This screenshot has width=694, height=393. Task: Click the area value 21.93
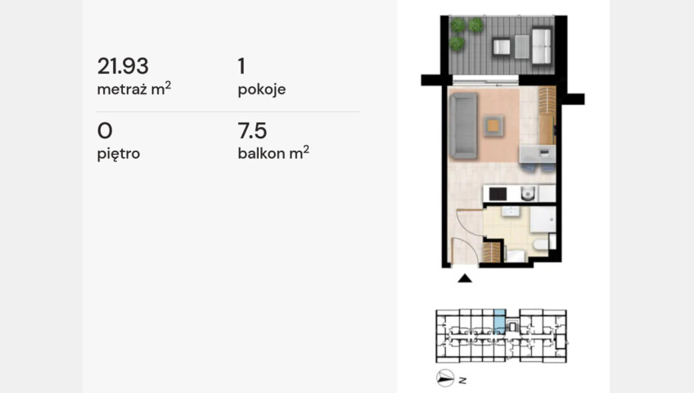click(x=123, y=66)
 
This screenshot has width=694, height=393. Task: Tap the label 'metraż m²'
click(x=133, y=88)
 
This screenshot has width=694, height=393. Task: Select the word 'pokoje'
click(x=262, y=90)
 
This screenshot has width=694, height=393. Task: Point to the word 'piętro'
click(x=118, y=154)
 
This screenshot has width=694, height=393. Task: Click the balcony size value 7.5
click(x=252, y=130)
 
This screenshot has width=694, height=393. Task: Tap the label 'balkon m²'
click(x=273, y=152)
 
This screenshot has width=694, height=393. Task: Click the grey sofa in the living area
click(x=463, y=126)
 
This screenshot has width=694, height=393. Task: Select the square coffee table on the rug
click(x=493, y=126)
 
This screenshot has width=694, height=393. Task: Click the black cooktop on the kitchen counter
click(x=498, y=194)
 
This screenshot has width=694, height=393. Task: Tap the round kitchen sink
click(x=528, y=193)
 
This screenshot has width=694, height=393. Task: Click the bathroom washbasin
click(x=511, y=211)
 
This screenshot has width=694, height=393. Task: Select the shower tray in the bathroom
click(x=543, y=219)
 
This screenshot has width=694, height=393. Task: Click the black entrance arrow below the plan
click(x=465, y=278)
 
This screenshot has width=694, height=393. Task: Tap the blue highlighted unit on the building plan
click(x=499, y=321)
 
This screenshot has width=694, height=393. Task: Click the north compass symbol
click(x=445, y=378)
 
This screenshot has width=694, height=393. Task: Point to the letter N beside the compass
click(x=462, y=380)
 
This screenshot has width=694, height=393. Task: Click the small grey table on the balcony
click(x=522, y=47)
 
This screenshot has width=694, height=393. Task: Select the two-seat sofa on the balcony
click(x=542, y=46)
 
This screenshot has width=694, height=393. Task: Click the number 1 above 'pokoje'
click(x=241, y=66)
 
